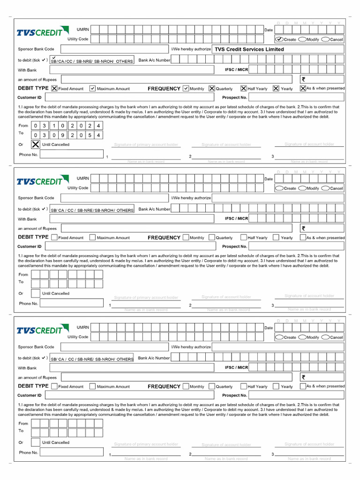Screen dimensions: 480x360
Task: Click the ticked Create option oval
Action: (279, 39)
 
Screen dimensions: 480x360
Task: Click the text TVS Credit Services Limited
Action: (249, 49)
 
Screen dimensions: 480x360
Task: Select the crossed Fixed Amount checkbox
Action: (54, 88)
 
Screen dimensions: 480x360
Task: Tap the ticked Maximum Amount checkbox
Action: (92, 88)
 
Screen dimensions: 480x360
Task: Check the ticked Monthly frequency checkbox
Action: (186, 88)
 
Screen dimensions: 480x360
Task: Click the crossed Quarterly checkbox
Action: (212, 88)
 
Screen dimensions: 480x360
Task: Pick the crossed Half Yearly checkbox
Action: (244, 88)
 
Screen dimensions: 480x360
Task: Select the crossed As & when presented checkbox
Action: (303, 88)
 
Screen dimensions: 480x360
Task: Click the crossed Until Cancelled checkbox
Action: (36, 144)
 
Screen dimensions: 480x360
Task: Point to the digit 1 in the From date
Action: (53, 126)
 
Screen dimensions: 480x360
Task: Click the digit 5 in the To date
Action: (89, 135)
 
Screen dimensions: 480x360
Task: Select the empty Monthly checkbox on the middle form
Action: (186, 237)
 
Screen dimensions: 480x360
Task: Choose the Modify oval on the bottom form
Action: (302, 337)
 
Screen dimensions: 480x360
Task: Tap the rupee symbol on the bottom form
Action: (303, 377)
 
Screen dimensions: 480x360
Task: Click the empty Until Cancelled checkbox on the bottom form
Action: (36, 442)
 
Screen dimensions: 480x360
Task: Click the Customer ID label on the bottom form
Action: (30, 395)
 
